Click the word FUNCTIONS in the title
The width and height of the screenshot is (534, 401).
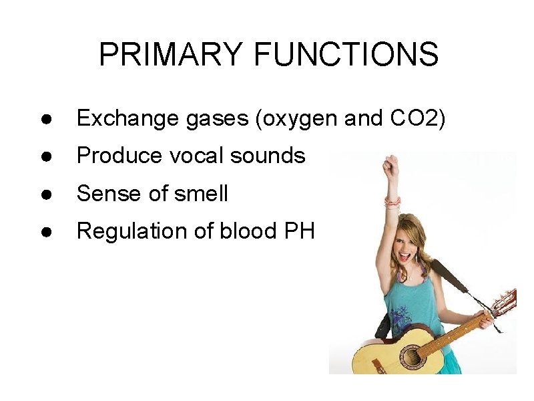pyautogui.click(x=346, y=55)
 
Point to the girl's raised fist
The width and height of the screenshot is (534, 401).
pyautogui.click(x=390, y=164)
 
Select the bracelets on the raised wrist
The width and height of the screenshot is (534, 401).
pyautogui.click(x=392, y=200)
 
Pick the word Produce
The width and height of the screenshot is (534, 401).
pyautogui.click(x=119, y=156)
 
